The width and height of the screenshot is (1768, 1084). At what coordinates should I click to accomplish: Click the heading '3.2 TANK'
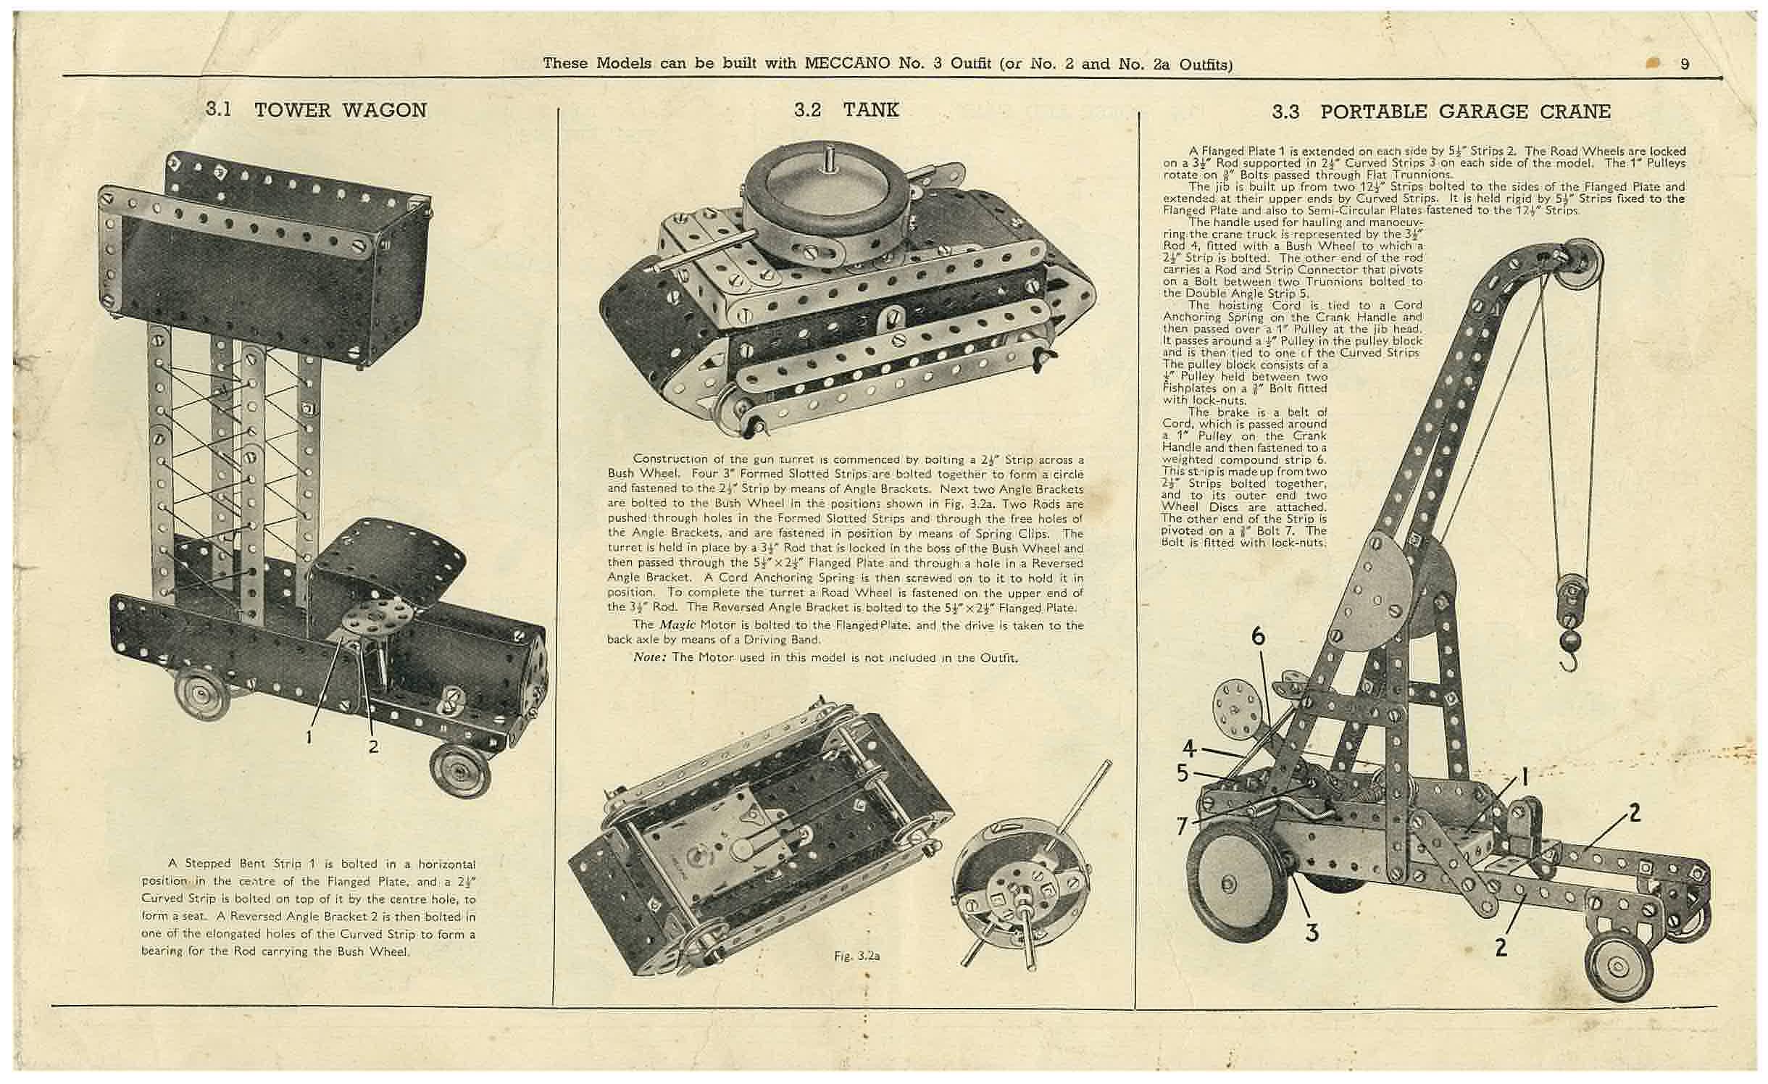(x=846, y=109)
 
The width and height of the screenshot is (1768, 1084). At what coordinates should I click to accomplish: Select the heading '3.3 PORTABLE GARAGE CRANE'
(x=1441, y=112)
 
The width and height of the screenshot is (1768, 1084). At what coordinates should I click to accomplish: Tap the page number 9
(x=1685, y=64)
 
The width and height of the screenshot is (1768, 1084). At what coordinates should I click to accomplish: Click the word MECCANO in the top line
(x=846, y=64)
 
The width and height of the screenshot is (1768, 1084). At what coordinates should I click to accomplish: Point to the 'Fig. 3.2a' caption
(x=856, y=956)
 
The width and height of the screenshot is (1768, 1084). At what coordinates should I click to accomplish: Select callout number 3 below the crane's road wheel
(x=1312, y=933)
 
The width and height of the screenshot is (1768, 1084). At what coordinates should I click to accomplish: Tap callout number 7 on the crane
(x=1183, y=825)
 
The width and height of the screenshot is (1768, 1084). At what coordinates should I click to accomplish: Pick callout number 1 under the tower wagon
(x=309, y=737)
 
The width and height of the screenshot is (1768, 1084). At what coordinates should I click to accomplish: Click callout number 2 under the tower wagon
(x=373, y=745)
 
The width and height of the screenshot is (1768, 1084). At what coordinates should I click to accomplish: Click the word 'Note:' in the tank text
(x=649, y=658)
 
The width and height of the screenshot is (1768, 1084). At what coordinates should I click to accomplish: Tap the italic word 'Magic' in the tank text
(x=677, y=625)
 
